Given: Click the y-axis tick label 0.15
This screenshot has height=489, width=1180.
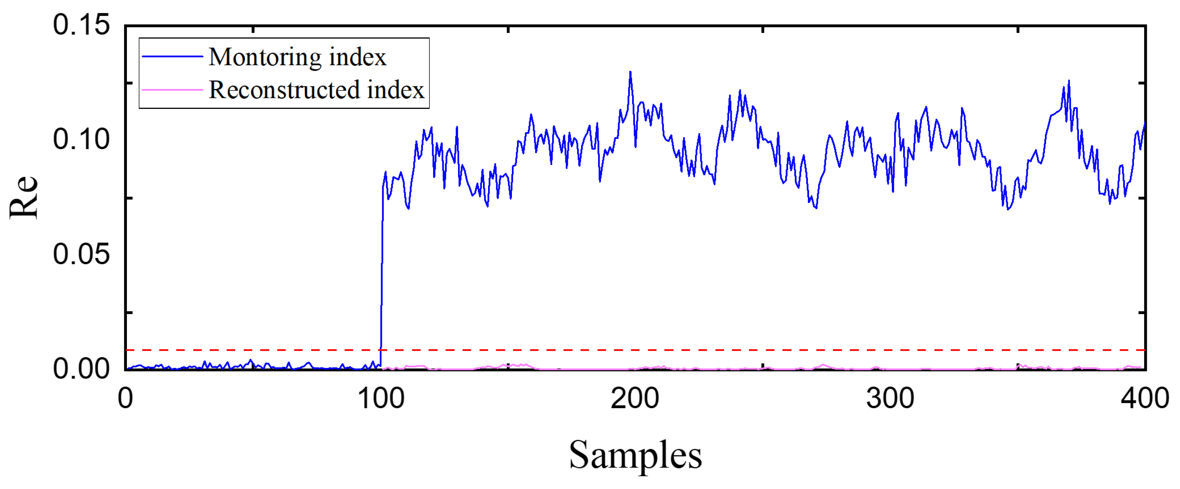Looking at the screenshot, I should click(x=81, y=24).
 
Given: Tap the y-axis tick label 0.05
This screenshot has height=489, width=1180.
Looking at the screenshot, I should click(x=81, y=254).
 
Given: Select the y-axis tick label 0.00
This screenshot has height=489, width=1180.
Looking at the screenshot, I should click(x=81, y=368).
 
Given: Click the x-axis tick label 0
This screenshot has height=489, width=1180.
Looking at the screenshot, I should click(x=125, y=398).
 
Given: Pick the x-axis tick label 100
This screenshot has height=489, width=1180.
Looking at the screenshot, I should click(x=381, y=398).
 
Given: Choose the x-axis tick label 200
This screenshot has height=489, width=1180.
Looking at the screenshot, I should click(x=635, y=398).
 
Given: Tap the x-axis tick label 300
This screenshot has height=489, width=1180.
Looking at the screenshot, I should click(x=890, y=398).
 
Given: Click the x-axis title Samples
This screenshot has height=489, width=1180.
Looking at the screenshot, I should click(x=635, y=455).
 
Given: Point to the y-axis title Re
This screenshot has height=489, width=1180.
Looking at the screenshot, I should click(x=24, y=196).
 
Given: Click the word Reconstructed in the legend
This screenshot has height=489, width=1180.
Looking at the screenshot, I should click(x=284, y=90).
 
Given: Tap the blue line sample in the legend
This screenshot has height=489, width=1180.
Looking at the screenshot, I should click(x=172, y=57).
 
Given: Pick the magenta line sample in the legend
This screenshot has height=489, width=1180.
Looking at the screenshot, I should click(x=172, y=90).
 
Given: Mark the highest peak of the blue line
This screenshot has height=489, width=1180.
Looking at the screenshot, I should click(x=630, y=72).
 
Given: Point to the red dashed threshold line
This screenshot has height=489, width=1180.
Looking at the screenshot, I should click(x=687, y=350).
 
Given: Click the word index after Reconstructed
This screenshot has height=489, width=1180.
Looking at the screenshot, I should click(x=396, y=90).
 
